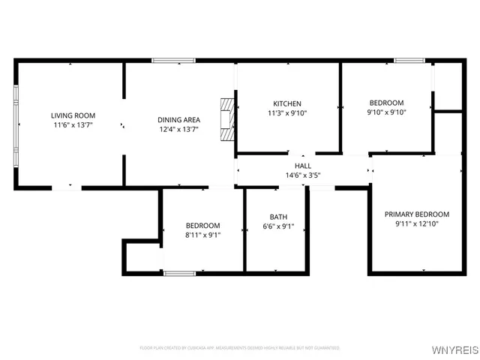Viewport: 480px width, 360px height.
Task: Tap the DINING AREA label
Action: click(x=178, y=120)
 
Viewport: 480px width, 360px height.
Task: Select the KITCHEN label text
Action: click(x=287, y=103)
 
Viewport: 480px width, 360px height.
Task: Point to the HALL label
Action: click(x=303, y=166)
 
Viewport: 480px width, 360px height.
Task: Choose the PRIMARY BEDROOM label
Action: click(x=417, y=214)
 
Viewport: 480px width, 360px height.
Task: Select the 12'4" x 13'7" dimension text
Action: click(x=178, y=130)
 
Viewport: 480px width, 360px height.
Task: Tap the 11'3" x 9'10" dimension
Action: click(x=287, y=113)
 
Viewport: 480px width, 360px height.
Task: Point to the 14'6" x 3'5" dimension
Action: click(x=303, y=175)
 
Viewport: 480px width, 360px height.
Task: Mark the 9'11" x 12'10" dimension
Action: click(x=417, y=223)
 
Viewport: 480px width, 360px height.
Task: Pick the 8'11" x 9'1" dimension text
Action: click(x=203, y=235)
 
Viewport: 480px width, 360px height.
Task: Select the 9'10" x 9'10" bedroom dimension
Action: click(x=386, y=112)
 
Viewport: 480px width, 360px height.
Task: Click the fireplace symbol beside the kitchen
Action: click(x=226, y=118)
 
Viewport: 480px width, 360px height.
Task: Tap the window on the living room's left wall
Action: click(x=16, y=126)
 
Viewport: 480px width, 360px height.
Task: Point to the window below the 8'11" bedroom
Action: click(x=180, y=273)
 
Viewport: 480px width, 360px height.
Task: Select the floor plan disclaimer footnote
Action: click(x=240, y=348)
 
